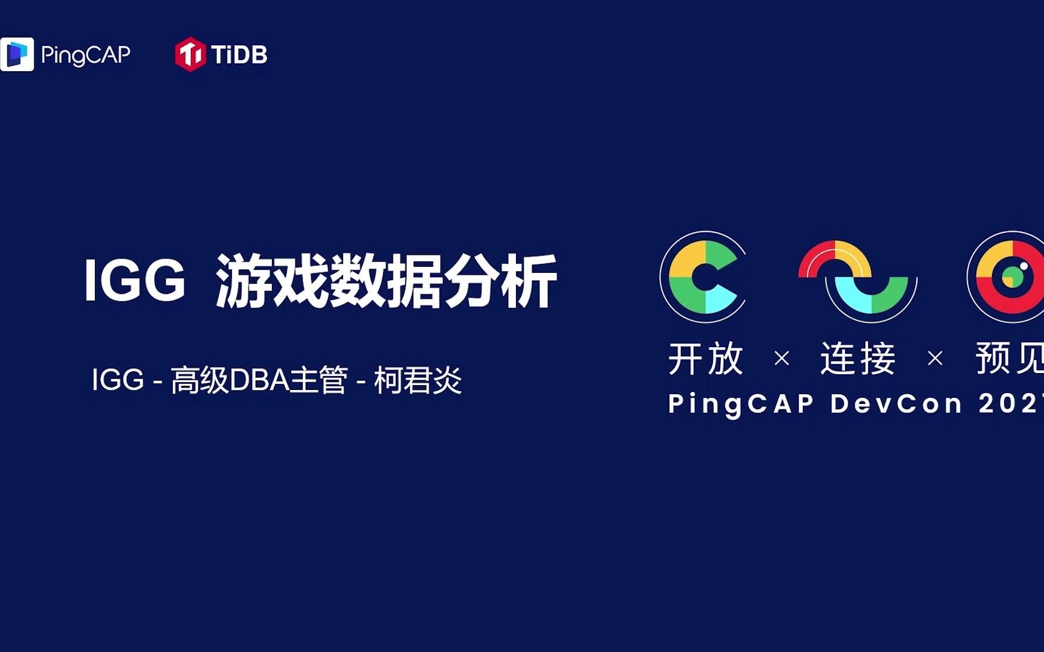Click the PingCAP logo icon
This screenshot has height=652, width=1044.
pos(17,54)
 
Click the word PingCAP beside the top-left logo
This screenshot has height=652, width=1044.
pos(86,56)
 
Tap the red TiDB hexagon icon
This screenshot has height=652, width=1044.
pos(190,54)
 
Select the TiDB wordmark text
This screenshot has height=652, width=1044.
pos(240,55)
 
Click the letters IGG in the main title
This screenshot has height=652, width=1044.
pos(135,280)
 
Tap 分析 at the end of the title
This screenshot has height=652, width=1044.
pos(499,281)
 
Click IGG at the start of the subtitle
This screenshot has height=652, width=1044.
pos(118,380)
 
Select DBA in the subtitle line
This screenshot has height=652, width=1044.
pos(259,380)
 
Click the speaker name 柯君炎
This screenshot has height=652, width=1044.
pos(418,380)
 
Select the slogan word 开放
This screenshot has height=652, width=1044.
pos(706,359)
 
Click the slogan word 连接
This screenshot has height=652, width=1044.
pos(858,359)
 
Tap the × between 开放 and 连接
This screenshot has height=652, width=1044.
pos(782,359)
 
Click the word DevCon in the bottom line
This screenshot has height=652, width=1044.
pos(897,403)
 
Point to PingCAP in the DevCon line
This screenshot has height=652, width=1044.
pos(741,403)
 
